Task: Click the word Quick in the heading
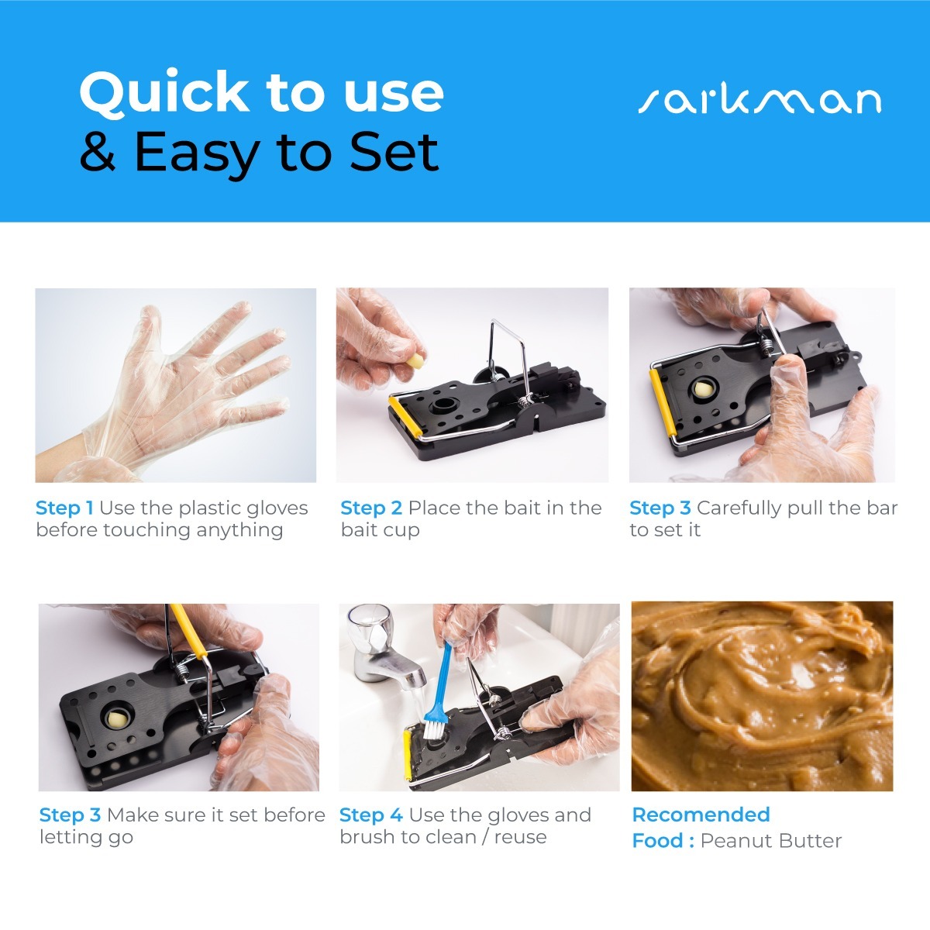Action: click(164, 92)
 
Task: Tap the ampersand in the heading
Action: click(98, 151)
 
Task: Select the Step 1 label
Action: click(64, 508)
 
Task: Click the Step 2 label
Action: click(371, 508)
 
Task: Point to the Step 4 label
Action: click(370, 815)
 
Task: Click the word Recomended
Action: click(701, 815)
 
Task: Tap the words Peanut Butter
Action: click(770, 841)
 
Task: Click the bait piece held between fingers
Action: click(415, 360)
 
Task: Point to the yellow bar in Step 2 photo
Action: click(405, 416)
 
